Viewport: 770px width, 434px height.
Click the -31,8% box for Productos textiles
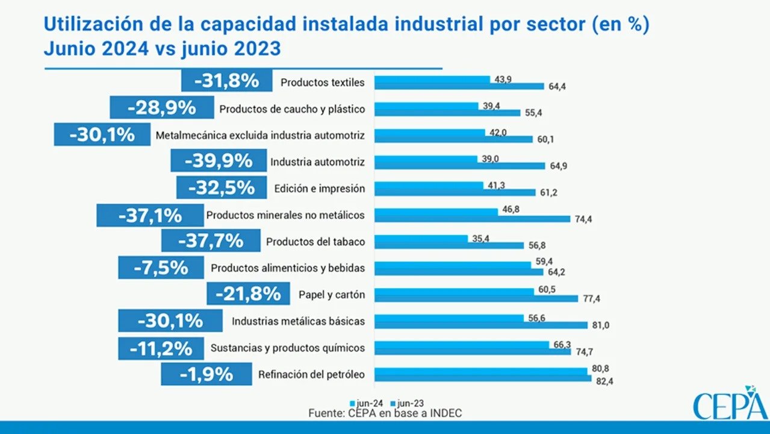tap(227, 80)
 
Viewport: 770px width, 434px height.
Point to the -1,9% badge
tap(206, 374)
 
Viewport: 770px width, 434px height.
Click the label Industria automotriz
tap(317, 162)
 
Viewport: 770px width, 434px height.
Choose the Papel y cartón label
tap(332, 295)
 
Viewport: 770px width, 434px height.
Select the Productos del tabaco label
tap(315, 242)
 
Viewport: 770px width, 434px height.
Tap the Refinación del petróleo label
tap(311, 375)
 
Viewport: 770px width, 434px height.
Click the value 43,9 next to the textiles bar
tap(503, 80)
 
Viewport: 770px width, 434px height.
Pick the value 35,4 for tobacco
tap(480, 239)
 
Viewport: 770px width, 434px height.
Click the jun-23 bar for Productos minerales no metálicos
tap(472, 219)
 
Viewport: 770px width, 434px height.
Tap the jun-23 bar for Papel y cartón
tap(476, 298)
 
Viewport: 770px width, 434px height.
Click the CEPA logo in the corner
tap(730, 404)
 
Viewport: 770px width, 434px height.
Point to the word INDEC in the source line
tap(442, 413)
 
